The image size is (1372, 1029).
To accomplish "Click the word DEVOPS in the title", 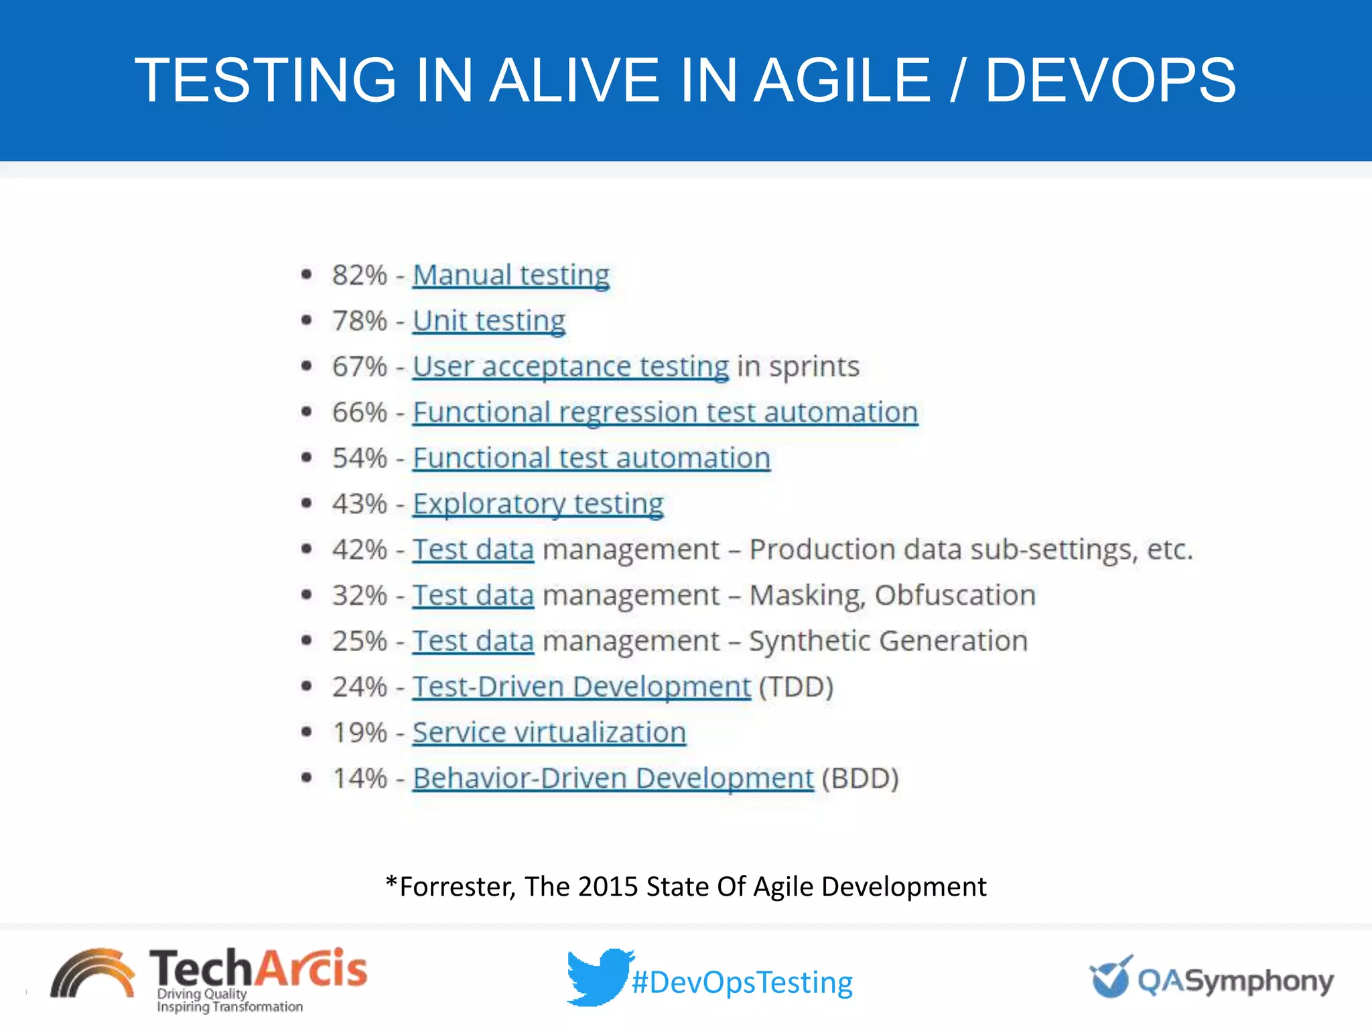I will pos(1110,80).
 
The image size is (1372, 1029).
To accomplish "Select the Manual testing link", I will pos(510,275).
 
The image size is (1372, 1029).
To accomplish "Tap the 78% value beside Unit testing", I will pos(360,321).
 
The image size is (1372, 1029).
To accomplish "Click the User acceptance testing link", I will pos(570,366).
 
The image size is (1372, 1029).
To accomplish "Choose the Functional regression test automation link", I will pos(665,412).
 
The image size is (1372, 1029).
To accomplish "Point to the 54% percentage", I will pos(360,458).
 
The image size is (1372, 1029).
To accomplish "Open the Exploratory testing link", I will pos(538,504).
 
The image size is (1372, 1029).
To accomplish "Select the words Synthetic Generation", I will pos(888,641).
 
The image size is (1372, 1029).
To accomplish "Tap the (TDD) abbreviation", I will pos(796,687).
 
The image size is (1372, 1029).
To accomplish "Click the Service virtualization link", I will pos(549,732).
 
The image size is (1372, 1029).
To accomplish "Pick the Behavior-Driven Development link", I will pos(612,778).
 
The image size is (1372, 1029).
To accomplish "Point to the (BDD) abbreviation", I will pos(860,778).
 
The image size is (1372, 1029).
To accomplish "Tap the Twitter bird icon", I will pos(598,977).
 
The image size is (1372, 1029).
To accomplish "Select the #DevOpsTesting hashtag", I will pos(742,983).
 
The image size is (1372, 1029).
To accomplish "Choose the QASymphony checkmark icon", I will pos(1110,977).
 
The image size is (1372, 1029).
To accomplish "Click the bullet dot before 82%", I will pos(307,274).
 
